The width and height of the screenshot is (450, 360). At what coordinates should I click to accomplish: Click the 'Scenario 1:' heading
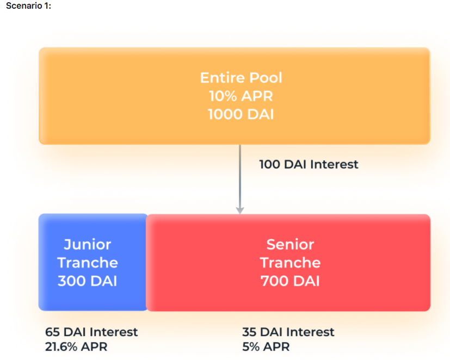pyautogui.click(x=28, y=6)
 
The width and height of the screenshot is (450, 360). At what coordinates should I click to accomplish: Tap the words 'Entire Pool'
pyautogui.click(x=241, y=78)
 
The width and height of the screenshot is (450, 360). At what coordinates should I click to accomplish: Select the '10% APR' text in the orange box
pyautogui.click(x=241, y=96)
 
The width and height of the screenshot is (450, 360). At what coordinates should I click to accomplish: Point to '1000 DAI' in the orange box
pyautogui.click(x=241, y=114)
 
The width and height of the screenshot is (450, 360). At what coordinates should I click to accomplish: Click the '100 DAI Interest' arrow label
pyautogui.click(x=309, y=164)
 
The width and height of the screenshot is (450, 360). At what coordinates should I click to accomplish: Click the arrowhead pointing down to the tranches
pyautogui.click(x=240, y=210)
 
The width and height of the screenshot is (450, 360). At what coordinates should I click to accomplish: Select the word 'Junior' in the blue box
pyautogui.click(x=87, y=245)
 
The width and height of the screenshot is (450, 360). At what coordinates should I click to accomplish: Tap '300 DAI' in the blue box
pyautogui.click(x=87, y=281)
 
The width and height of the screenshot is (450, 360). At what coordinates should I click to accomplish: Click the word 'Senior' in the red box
pyautogui.click(x=290, y=244)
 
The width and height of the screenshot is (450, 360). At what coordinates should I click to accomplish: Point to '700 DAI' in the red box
pyautogui.click(x=290, y=281)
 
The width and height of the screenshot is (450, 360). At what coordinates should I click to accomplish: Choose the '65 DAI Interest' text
pyautogui.click(x=91, y=332)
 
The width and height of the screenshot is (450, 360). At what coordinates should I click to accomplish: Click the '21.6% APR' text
pyautogui.click(x=76, y=346)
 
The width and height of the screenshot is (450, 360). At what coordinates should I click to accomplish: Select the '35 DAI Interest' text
pyautogui.click(x=288, y=332)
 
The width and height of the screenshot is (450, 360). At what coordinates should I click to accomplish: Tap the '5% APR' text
pyautogui.click(x=266, y=346)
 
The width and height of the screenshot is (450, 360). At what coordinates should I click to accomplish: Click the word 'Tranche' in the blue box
pyautogui.click(x=88, y=263)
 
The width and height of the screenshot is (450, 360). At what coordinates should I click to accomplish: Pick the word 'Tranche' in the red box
pyautogui.click(x=290, y=263)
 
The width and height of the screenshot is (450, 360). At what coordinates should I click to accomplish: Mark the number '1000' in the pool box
pyautogui.click(x=225, y=114)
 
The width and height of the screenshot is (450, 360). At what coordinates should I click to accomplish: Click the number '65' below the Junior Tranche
pyautogui.click(x=52, y=332)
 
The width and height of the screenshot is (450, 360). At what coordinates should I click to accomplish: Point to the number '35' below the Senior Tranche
pyautogui.click(x=249, y=332)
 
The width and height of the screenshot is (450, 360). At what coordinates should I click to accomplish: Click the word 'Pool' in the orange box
pyautogui.click(x=266, y=78)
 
